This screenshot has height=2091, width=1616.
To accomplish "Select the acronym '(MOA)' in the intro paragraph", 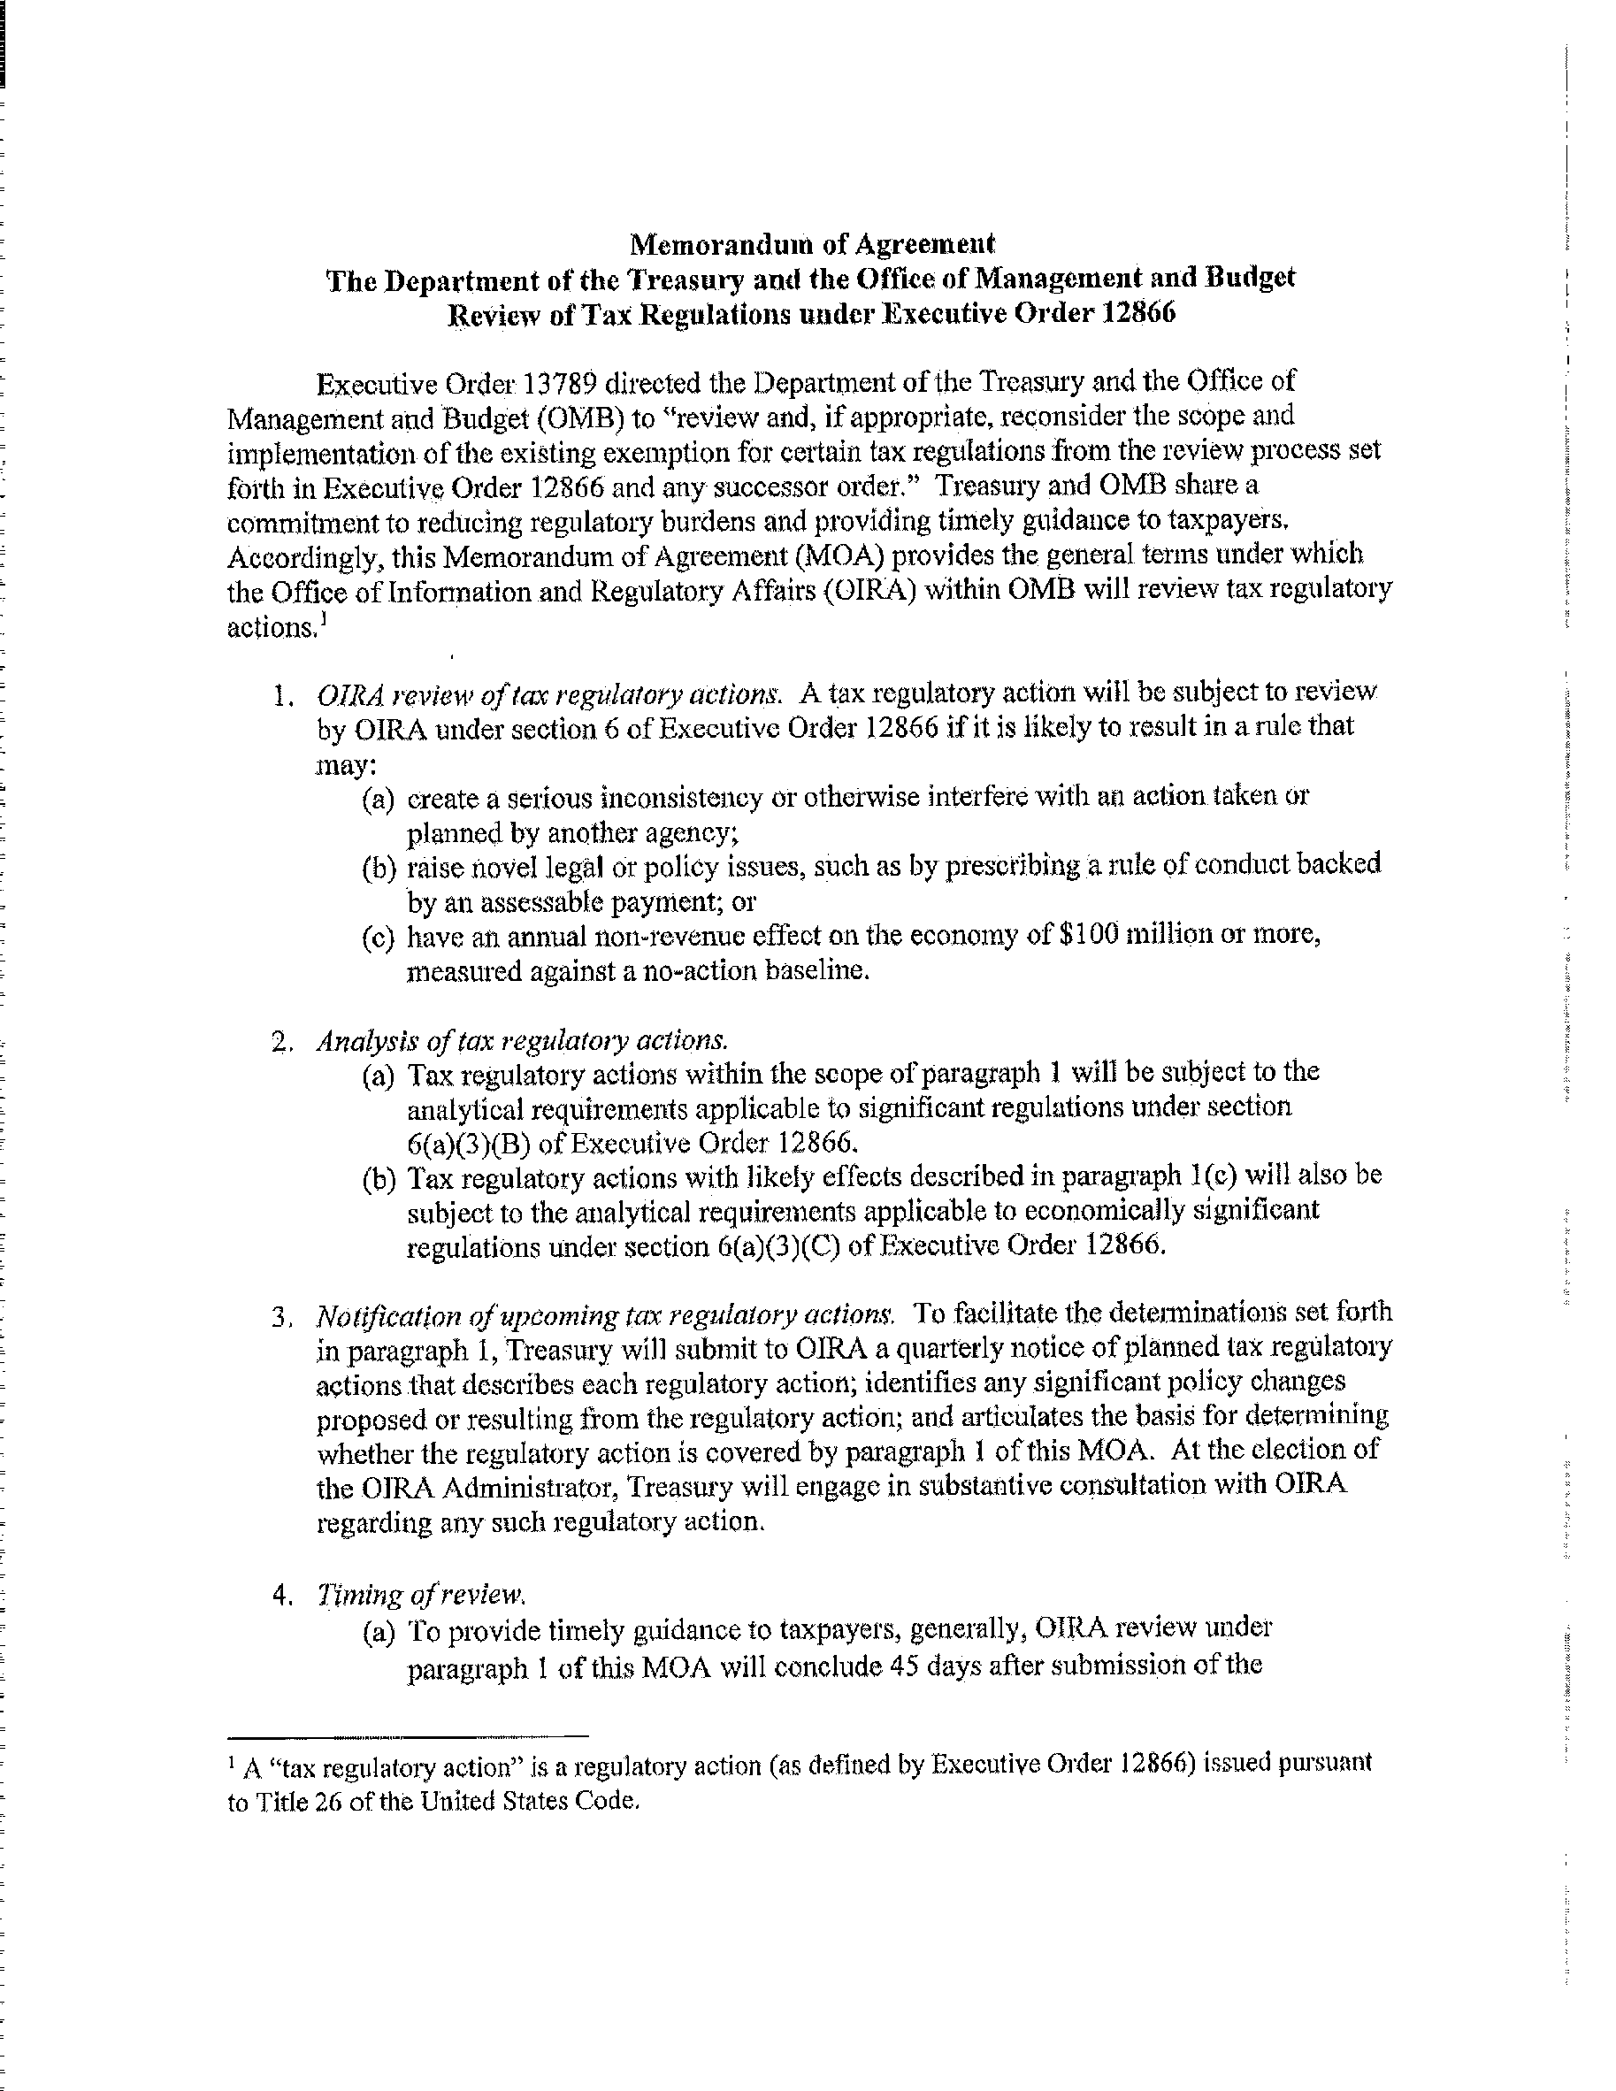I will point(733,555).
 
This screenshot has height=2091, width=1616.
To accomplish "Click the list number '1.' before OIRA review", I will point(282,695).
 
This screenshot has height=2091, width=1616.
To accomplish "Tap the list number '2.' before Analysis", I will point(282,1042).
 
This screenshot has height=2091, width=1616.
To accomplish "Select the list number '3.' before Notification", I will point(282,1317).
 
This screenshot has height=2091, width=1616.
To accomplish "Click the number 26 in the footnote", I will point(328,1803).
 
